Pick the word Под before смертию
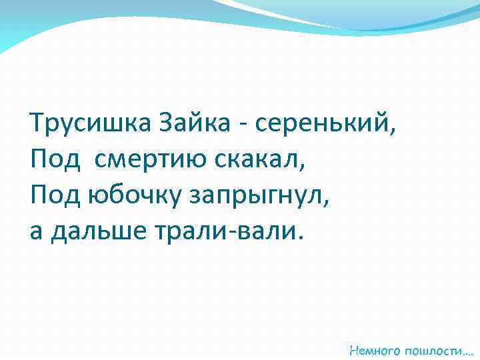(55, 159)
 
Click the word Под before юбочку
(55, 195)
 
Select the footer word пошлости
(434, 349)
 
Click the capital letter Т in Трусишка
(37, 123)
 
